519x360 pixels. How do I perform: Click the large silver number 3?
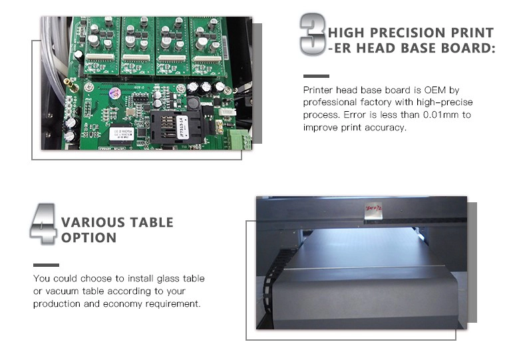313,34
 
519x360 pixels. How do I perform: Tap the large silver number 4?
43,224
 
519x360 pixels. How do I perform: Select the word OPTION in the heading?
88,238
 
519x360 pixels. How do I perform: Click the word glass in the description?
168,279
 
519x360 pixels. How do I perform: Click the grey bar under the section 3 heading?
316,76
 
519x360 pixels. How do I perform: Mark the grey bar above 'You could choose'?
46,265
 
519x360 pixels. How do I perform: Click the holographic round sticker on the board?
114,94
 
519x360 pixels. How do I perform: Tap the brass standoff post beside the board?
71,85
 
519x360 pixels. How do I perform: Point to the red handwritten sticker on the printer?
373,211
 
